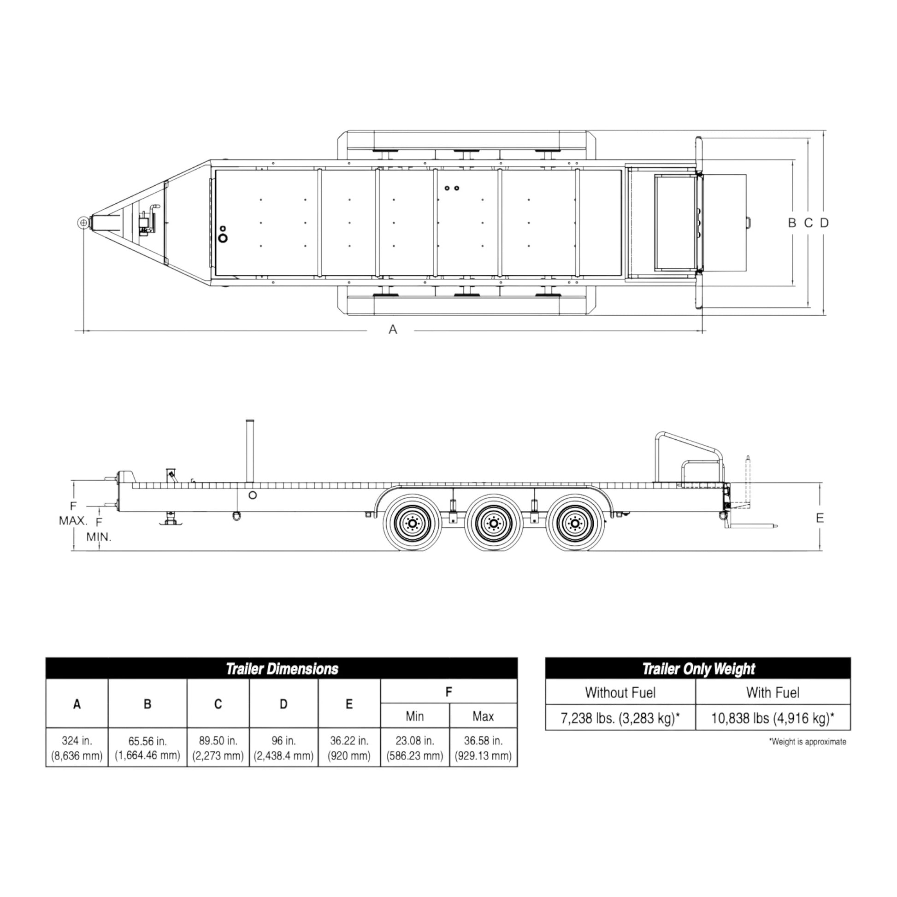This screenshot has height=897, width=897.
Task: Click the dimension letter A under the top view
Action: point(393,330)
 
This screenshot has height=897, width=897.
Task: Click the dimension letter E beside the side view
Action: point(820,518)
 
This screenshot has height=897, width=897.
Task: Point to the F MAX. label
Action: point(73,513)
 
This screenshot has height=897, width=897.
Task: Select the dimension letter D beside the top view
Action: point(824,223)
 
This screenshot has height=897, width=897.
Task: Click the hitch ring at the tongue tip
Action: point(83,223)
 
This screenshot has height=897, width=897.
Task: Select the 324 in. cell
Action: point(77,748)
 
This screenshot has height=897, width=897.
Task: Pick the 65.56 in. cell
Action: point(147,748)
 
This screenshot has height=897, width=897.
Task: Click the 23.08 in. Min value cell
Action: point(414,748)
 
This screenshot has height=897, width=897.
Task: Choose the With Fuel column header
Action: point(773,693)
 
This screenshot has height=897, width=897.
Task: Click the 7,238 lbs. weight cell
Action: point(620,718)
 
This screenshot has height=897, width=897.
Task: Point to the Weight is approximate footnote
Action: point(808,742)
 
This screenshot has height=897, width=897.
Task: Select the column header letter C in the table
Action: point(218,704)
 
